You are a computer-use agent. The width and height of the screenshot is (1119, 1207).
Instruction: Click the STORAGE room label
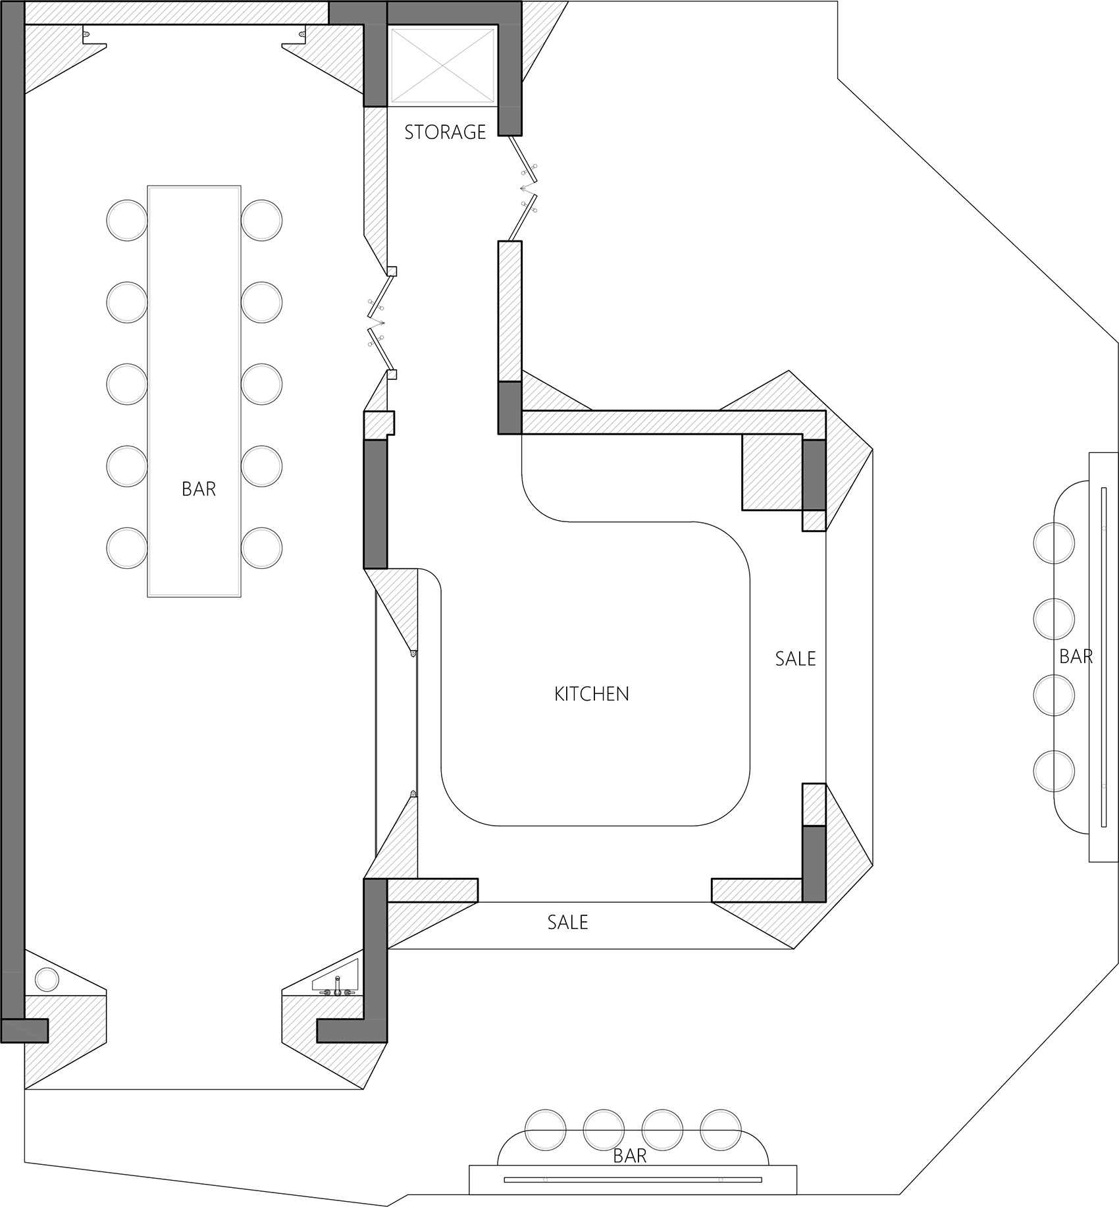tap(445, 132)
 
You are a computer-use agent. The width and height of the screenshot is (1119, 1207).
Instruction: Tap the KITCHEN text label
tap(592, 694)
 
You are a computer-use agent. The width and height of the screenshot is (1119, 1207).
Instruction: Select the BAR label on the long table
tap(199, 489)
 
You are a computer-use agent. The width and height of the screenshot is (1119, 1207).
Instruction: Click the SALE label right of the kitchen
tap(795, 658)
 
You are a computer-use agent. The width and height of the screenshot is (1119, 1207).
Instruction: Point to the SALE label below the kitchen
tap(567, 922)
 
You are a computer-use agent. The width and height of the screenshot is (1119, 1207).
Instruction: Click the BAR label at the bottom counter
tap(630, 1156)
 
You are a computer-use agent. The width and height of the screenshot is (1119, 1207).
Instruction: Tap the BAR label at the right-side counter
tap(1076, 657)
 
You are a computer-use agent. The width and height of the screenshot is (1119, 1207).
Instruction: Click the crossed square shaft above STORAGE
tap(442, 66)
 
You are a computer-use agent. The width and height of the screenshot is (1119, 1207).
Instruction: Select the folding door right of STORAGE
tap(523, 188)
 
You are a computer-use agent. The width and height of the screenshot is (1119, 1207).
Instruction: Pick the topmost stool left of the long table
tap(126, 219)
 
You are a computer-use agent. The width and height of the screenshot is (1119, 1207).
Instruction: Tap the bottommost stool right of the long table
tap(261, 548)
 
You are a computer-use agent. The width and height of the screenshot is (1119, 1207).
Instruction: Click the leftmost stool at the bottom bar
tap(546, 1130)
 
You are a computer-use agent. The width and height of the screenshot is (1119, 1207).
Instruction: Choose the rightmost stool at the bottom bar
tap(720, 1130)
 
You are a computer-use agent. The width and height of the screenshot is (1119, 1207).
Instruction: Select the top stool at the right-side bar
tap(1054, 543)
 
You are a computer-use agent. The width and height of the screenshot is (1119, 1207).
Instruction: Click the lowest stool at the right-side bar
tap(1054, 771)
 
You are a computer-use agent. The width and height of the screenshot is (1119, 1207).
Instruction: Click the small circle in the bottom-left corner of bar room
tap(47, 979)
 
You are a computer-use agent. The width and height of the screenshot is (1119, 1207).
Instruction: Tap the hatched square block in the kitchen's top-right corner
tap(772, 471)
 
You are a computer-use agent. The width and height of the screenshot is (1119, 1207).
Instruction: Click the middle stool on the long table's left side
tap(126, 384)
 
